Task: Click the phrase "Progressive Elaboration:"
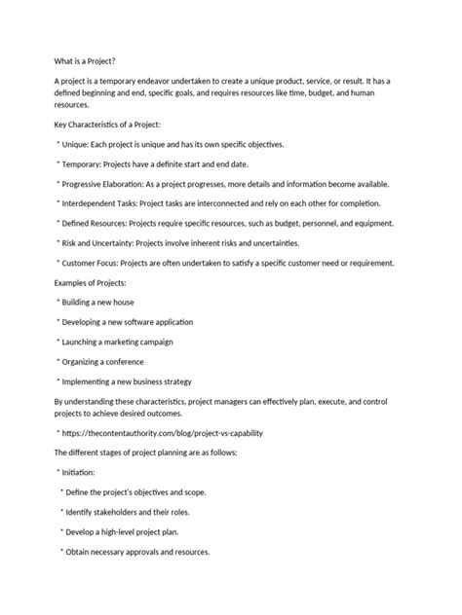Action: (113, 183)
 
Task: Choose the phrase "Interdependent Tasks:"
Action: (106, 202)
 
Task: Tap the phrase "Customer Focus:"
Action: (96, 261)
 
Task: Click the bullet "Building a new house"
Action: (108, 303)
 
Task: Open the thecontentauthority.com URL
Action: (162, 432)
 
